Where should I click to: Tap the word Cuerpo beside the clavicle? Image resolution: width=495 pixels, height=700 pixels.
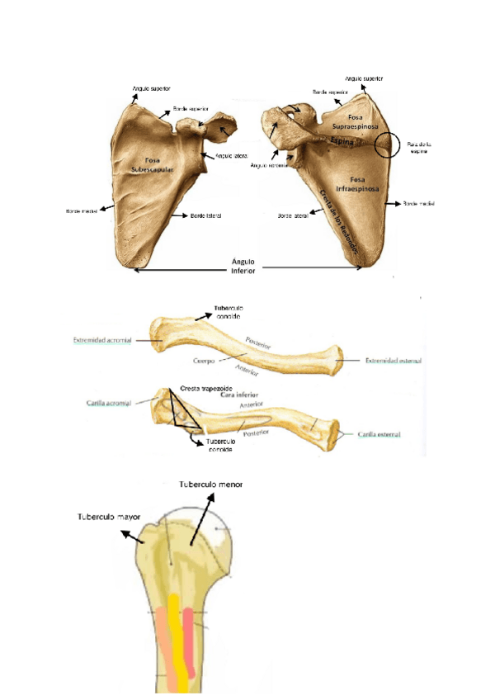(x=205, y=361)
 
